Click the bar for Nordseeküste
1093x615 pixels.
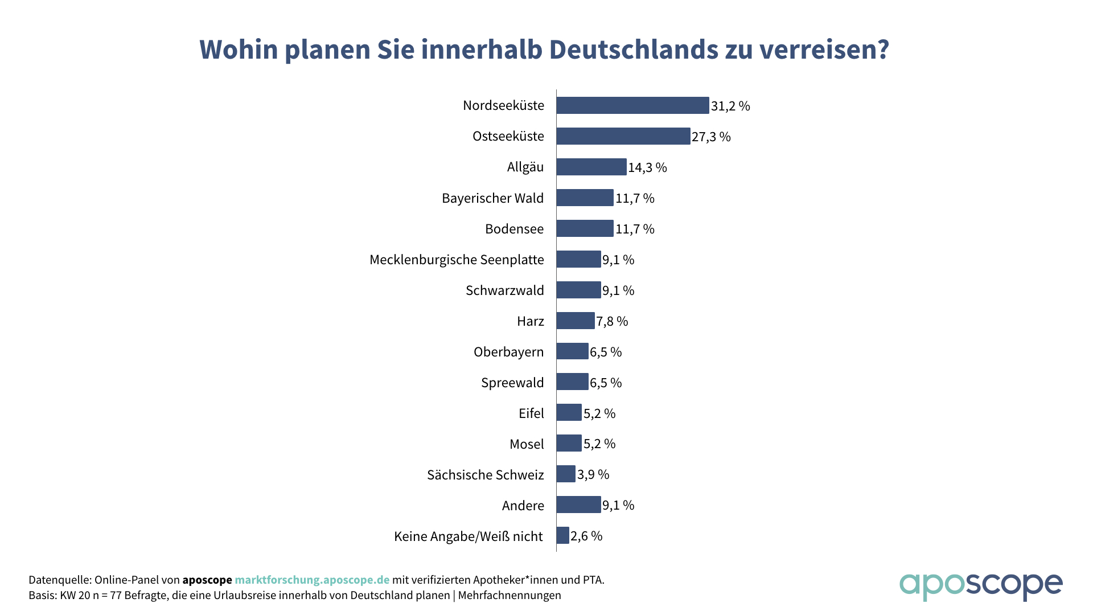click(x=632, y=105)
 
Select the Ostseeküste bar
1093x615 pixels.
click(x=623, y=136)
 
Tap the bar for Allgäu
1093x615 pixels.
click(x=591, y=167)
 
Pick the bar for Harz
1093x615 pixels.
click(x=576, y=321)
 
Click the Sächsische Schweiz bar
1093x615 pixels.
click(x=566, y=474)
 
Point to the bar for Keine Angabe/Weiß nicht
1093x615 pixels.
click(x=563, y=535)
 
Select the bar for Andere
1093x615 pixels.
click(x=578, y=505)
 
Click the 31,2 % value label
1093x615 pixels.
click(x=730, y=106)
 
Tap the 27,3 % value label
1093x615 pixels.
click(x=711, y=137)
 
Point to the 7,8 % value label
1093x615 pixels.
click(x=612, y=321)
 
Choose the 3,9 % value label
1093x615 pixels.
click(x=593, y=474)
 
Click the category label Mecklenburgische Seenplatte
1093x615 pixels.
click(x=457, y=260)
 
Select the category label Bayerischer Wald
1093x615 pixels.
click(x=492, y=198)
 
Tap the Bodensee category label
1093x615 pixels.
click(x=514, y=229)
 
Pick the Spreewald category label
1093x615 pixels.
click(x=512, y=383)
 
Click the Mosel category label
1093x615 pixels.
click(x=527, y=444)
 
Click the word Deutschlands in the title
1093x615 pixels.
click(x=633, y=50)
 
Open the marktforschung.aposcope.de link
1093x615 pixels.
click(x=312, y=580)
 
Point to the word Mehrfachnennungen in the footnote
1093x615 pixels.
click(x=509, y=595)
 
